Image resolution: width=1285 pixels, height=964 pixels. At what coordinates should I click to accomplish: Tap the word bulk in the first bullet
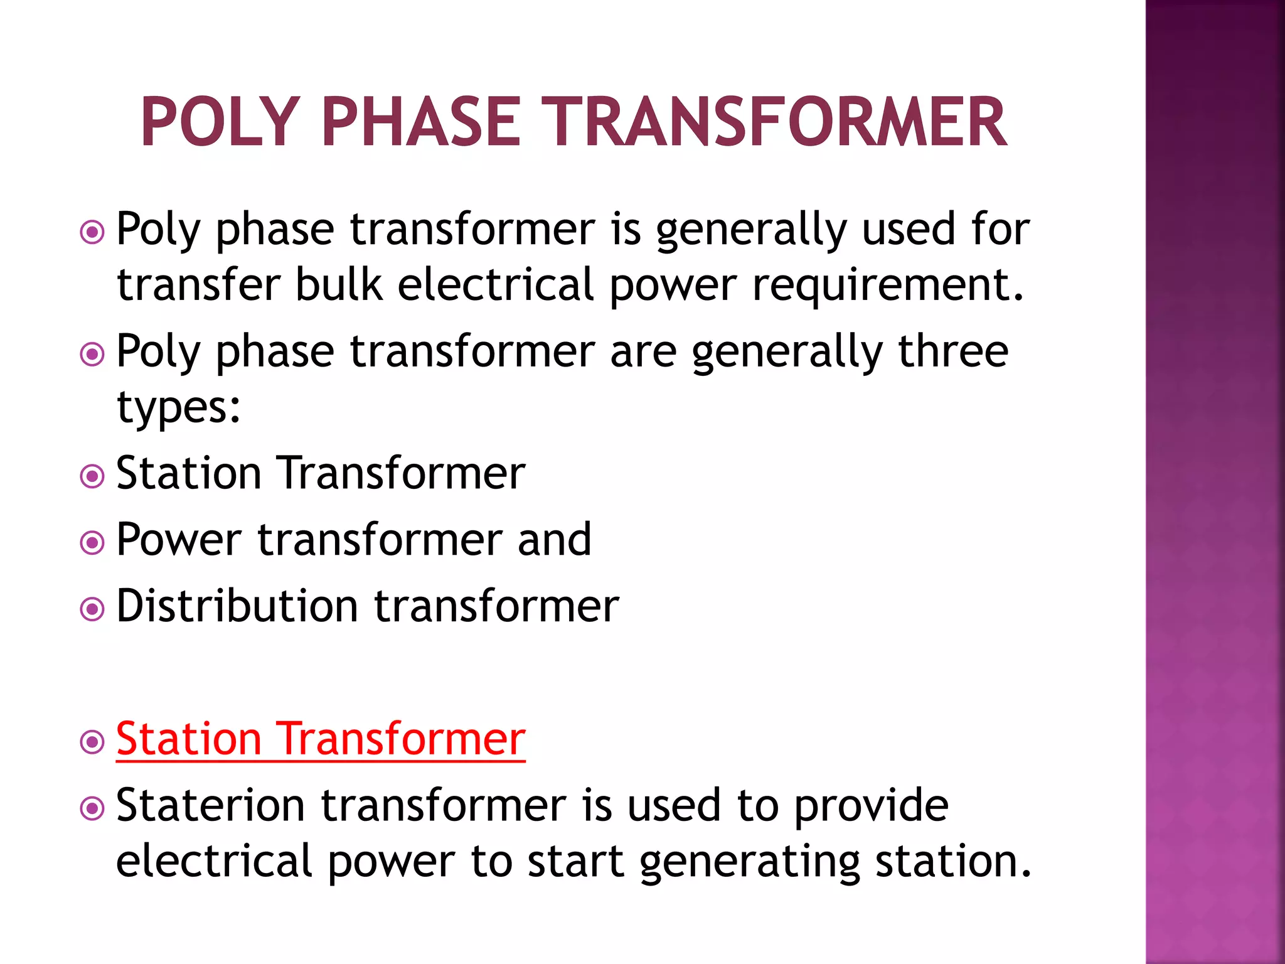pyautogui.click(x=338, y=284)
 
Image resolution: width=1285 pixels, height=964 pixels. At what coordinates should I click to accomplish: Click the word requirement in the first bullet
pyautogui.click(x=887, y=286)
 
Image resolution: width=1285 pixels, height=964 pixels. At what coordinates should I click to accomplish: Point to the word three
pyautogui.click(x=952, y=351)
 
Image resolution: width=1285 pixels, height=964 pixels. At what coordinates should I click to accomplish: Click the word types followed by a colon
pyautogui.click(x=178, y=409)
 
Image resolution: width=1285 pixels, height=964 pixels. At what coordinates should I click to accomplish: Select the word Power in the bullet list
pyautogui.click(x=179, y=539)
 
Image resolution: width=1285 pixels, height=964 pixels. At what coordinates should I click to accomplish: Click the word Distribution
pyautogui.click(x=237, y=606)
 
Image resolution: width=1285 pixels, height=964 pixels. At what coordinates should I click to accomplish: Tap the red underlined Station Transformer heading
pyautogui.click(x=321, y=739)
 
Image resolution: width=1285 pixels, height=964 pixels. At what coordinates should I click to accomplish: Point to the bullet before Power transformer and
pyautogui.click(x=92, y=542)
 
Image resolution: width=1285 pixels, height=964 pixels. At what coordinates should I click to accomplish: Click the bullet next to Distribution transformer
pyautogui.click(x=92, y=609)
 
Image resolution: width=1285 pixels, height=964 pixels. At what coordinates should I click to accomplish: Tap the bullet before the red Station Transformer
pyautogui.click(x=92, y=742)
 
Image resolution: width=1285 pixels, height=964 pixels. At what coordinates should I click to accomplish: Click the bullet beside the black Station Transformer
pyautogui.click(x=92, y=476)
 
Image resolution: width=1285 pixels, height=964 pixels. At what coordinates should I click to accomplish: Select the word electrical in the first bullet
pyautogui.click(x=496, y=284)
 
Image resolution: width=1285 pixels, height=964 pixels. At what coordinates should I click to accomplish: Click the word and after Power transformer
pyautogui.click(x=554, y=539)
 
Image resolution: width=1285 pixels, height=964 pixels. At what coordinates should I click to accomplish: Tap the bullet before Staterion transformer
pyautogui.click(x=92, y=808)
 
